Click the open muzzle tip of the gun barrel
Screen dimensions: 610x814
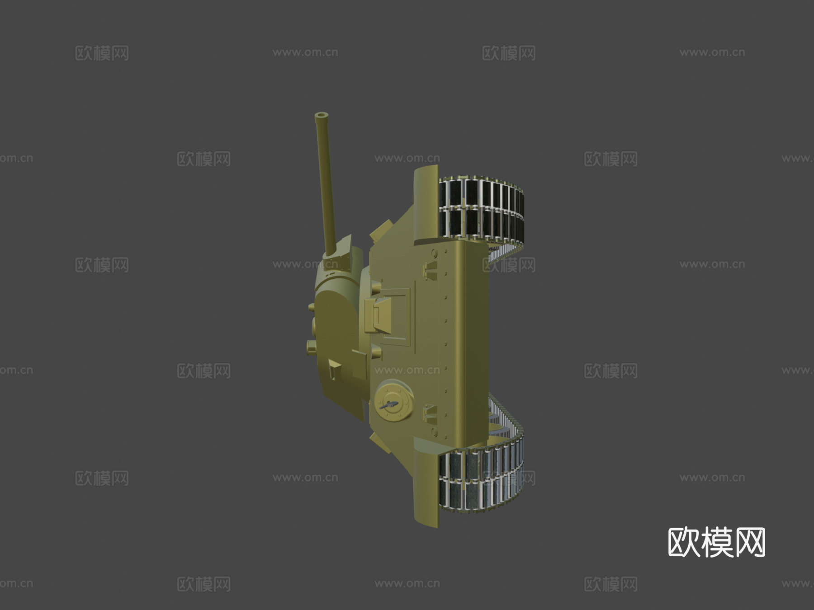pos(322,116)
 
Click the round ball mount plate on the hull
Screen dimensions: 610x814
pos(393,401)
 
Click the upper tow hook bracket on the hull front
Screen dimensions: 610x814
pos(431,270)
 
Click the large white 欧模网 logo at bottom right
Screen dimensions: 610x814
pos(716,542)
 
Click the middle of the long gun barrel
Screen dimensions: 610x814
pos(327,181)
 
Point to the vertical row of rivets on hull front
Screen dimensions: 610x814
pos(445,343)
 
